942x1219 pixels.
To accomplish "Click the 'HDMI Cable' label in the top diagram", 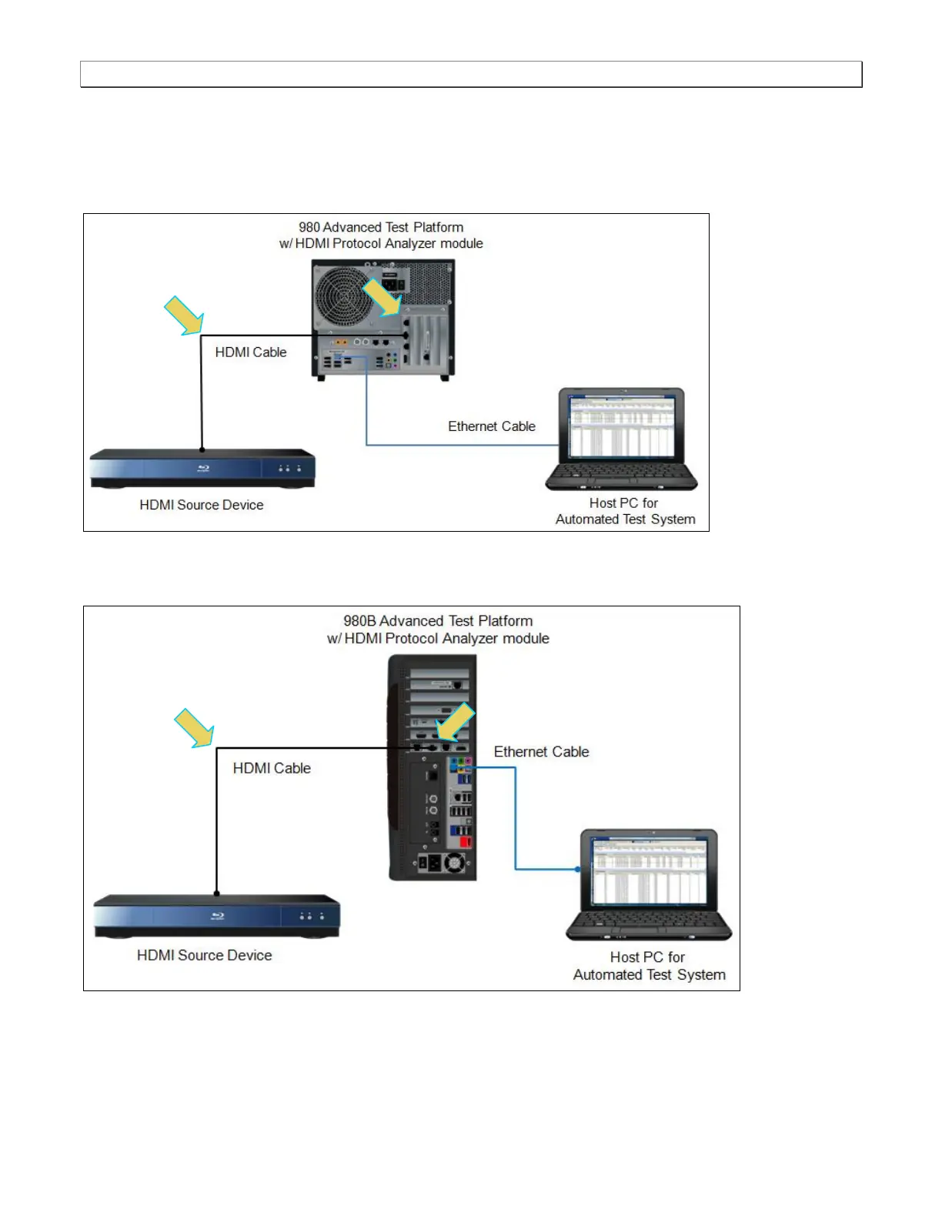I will (250, 352).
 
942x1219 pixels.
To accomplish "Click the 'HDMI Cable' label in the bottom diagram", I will (272, 768).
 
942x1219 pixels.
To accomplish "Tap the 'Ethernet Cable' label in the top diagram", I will (492, 426).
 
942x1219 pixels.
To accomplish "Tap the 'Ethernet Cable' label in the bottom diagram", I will (541, 752).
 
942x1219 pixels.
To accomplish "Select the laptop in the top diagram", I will (621, 439).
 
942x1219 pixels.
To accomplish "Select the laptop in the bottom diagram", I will (649, 885).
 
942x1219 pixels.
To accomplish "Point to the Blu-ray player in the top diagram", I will (202, 468).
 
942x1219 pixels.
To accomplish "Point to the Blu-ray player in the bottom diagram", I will (216, 916).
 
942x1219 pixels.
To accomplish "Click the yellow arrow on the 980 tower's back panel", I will (382, 296).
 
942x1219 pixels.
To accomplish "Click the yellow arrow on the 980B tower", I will (455, 723).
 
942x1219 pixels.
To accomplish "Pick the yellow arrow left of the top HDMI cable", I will (184, 316).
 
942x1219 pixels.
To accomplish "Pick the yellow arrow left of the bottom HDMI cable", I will (194, 728).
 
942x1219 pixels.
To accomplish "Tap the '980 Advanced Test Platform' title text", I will (381, 228).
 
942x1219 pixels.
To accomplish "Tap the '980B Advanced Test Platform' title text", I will (438, 621).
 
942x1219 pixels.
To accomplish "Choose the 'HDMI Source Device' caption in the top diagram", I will (202, 505).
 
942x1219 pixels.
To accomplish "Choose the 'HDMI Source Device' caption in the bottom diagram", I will (205, 955).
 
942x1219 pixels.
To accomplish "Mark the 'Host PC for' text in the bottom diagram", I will (647, 957).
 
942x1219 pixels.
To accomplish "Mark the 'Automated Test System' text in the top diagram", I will (625, 519).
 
